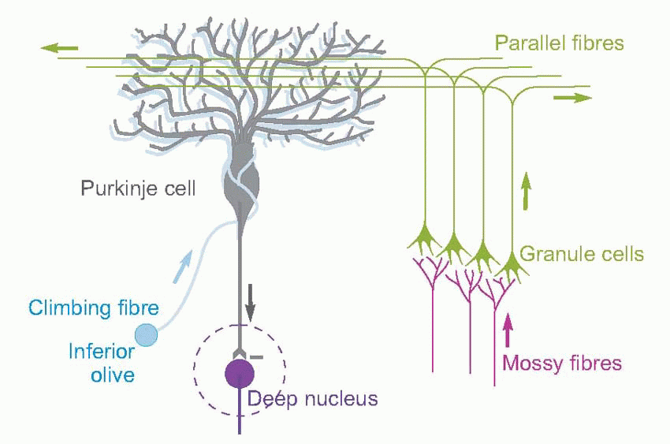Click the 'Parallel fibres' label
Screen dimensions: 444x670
(559, 43)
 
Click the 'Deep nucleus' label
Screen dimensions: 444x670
(313, 399)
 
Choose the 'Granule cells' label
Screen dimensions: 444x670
(583, 255)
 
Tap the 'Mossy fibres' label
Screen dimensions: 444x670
(562, 364)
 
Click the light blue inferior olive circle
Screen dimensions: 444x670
(147, 334)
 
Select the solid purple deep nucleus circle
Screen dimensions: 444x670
(240, 372)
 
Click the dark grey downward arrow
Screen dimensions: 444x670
(251, 307)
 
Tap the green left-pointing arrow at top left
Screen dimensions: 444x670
(59, 50)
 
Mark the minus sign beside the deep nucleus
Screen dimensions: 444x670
(258, 357)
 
